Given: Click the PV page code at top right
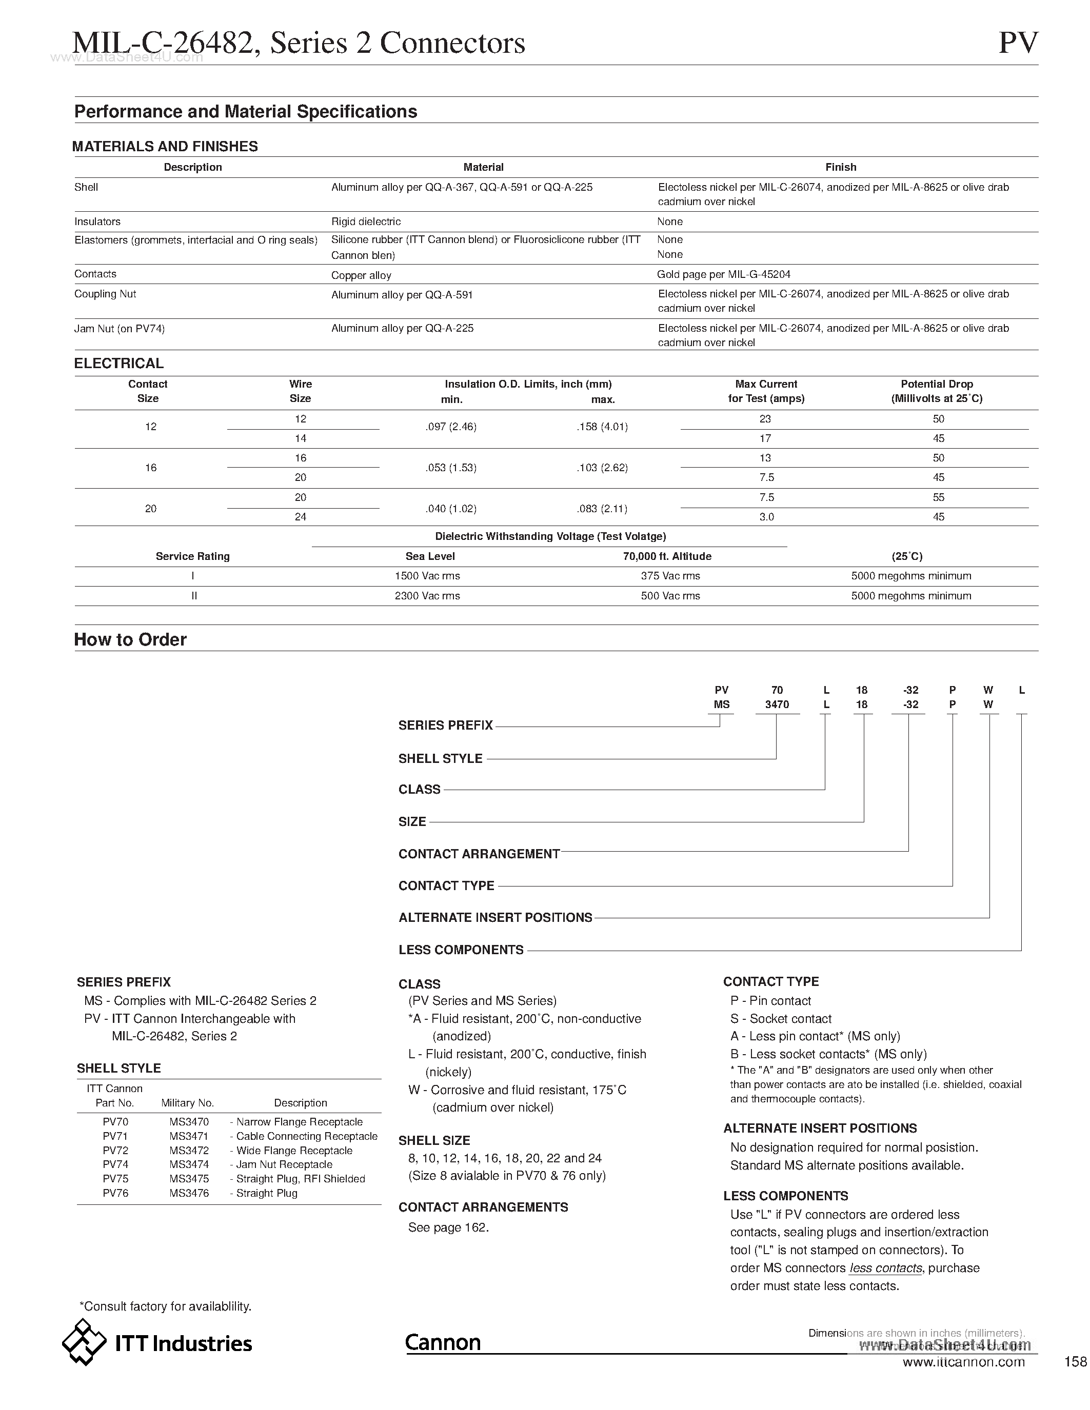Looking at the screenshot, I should [x=1018, y=43].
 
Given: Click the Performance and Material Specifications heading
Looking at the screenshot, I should [x=245, y=112].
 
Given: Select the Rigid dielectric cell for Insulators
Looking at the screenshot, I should [x=366, y=221].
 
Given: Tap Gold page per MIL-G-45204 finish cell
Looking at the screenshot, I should [x=723, y=274].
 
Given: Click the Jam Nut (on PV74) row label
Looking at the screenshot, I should [x=120, y=329].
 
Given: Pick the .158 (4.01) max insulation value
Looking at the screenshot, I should [x=602, y=427].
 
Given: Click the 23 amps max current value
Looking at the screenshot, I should [x=765, y=419].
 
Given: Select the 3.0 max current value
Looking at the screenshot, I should [x=766, y=516].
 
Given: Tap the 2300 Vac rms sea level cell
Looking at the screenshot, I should [x=427, y=596].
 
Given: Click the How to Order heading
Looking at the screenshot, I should [x=130, y=640].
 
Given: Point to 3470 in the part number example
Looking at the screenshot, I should [x=777, y=704].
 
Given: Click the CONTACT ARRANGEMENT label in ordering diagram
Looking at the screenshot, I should [x=479, y=854].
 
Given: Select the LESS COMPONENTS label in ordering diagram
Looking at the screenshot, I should [x=461, y=950].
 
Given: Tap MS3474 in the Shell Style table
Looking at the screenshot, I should [x=189, y=1165].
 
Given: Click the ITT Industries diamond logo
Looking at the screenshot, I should [x=84, y=1342].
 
